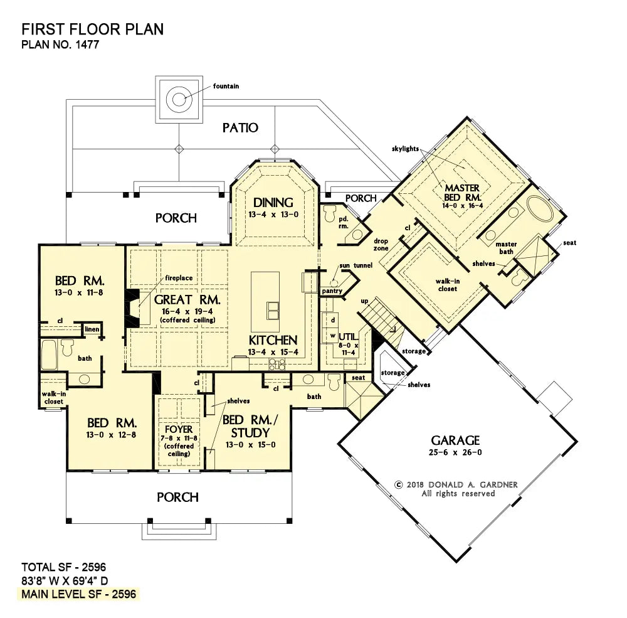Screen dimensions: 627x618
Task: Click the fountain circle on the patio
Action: [179, 99]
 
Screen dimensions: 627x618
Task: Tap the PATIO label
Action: [240, 128]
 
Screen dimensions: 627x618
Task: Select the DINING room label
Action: [273, 203]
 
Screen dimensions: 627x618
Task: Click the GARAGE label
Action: [455, 440]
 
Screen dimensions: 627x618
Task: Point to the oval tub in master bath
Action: [540, 208]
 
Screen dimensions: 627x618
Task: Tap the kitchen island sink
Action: [273, 310]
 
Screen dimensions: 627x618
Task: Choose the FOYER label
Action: [179, 429]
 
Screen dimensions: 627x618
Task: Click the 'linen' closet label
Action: [92, 329]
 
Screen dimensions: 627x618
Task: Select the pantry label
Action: [332, 291]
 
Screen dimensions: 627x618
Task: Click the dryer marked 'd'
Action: [333, 320]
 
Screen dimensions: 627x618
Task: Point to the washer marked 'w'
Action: [333, 336]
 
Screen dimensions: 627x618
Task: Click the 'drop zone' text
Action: [381, 245]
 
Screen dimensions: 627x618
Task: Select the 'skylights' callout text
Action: [405, 149]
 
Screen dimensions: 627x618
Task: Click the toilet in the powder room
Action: [330, 214]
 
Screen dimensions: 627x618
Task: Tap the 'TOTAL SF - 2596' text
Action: [63, 567]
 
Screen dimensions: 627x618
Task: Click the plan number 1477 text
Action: [60, 44]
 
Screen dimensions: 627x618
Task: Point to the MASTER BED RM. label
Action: [462, 193]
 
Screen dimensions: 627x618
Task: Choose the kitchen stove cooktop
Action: [277, 364]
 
